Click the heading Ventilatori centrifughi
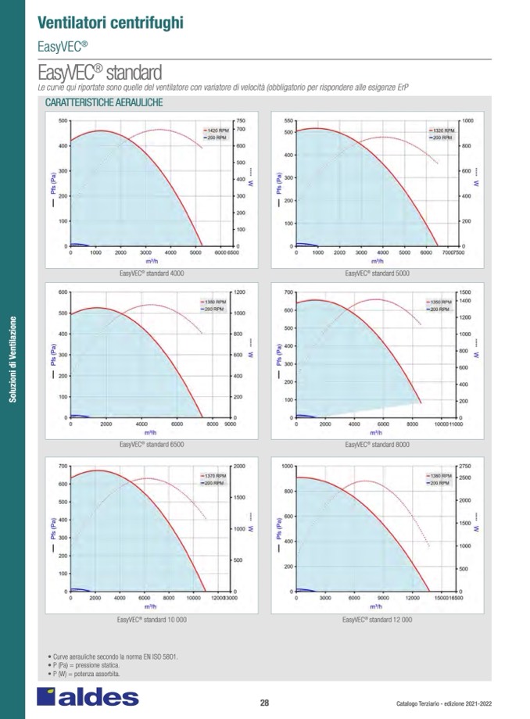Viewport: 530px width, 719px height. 110,21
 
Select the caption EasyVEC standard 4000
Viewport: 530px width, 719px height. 152,274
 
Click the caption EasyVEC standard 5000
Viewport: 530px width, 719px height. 377,274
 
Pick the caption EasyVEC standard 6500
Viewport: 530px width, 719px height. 152,445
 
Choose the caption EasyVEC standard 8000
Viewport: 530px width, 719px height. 377,445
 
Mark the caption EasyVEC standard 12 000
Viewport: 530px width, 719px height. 377,619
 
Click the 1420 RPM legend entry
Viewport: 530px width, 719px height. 215,130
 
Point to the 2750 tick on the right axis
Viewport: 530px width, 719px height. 467,466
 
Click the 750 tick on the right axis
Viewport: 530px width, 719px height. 241,120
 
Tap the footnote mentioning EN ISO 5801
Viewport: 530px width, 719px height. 113,656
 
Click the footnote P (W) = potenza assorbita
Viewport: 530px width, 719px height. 84,674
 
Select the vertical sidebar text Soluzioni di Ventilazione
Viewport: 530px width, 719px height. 12,359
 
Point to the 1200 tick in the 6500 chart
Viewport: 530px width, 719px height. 240,292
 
